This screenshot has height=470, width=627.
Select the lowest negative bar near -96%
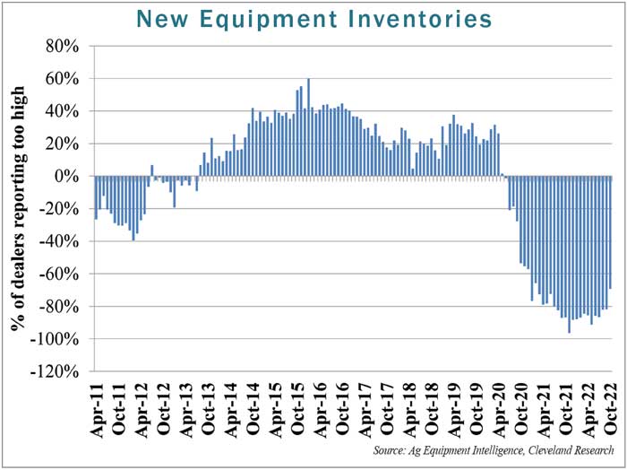click(x=569, y=255)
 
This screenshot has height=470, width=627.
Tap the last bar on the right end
click(x=610, y=232)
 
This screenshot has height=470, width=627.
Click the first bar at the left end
click(x=96, y=197)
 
